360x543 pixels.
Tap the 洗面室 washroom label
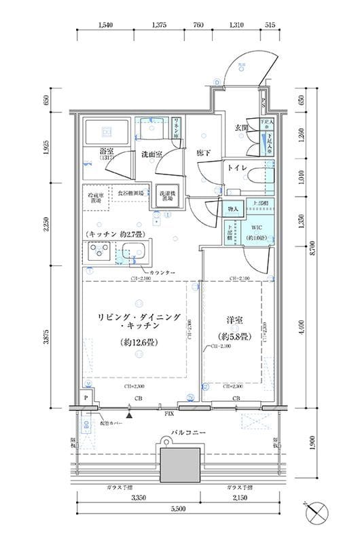coord(151,155)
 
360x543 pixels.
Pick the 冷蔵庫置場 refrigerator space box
coord(94,198)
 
